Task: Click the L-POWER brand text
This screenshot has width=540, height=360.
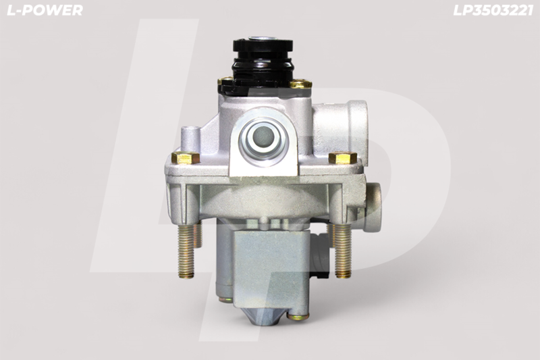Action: tap(45, 10)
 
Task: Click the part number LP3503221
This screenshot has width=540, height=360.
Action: tap(493, 10)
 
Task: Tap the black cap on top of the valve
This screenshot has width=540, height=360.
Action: tap(263, 66)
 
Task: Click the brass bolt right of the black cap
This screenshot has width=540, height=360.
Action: tap(300, 84)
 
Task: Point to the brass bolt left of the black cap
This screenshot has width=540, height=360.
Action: tap(224, 81)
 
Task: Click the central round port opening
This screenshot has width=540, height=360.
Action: tap(263, 138)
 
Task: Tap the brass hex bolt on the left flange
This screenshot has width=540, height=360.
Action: tap(185, 158)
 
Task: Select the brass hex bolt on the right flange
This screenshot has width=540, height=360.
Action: tap(342, 158)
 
